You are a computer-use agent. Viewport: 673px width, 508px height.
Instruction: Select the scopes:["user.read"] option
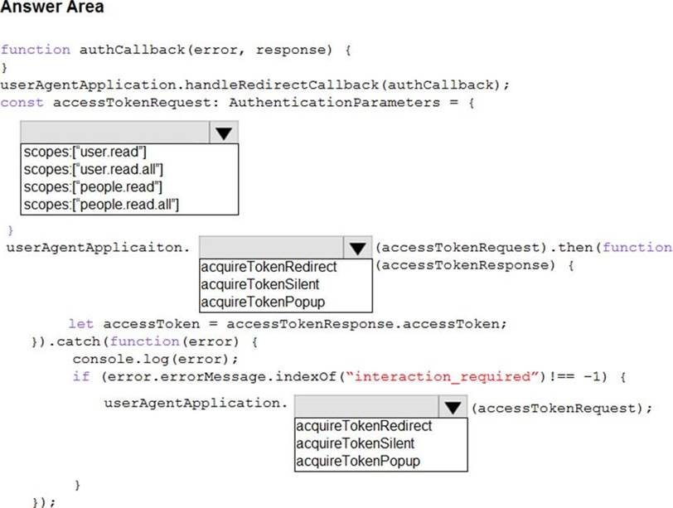[85, 152]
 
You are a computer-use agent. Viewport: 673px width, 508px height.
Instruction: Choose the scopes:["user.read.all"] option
[93, 169]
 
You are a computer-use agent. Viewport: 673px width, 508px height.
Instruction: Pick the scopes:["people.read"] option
[93, 186]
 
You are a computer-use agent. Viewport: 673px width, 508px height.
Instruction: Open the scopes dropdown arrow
[222, 133]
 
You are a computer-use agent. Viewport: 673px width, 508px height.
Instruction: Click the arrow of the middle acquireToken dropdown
[356, 248]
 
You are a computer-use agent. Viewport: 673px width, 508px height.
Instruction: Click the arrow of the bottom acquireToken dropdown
[452, 407]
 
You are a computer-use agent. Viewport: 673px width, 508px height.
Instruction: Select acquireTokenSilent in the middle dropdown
[260, 284]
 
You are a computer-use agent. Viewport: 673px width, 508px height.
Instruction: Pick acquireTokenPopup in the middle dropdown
[263, 302]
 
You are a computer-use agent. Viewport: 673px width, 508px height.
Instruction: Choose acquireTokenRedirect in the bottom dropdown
[364, 426]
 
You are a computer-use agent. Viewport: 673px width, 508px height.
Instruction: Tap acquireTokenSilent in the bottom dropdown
[356, 443]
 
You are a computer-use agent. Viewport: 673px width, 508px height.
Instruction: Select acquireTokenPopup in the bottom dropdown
[358, 461]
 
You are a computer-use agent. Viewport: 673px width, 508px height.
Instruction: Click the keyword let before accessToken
[80, 323]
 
